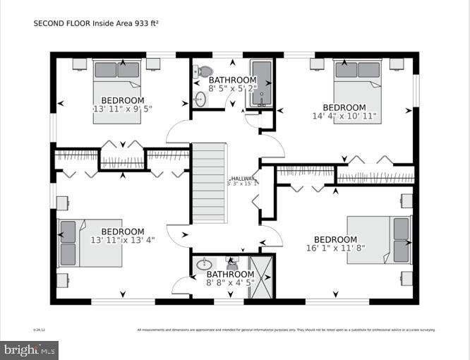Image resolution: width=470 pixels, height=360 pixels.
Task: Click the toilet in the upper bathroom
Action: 204,71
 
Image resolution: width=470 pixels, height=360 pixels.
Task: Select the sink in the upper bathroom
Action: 199,98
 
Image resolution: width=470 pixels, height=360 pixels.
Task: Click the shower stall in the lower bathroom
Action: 262,279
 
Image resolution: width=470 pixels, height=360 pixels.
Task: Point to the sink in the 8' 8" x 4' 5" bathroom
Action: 203,265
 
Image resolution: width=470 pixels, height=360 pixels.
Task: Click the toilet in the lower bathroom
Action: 232,262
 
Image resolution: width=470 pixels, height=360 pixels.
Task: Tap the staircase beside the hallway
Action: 207,182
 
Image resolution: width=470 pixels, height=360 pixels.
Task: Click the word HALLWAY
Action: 243,179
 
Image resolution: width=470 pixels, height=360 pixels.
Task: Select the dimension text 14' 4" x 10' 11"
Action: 344,116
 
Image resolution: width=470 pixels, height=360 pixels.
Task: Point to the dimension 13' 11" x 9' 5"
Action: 122,109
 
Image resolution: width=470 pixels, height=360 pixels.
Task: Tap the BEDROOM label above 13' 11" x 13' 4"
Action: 122,232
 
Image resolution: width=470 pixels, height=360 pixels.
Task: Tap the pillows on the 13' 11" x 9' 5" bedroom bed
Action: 117,69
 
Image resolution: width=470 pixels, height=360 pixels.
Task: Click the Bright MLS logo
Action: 30,349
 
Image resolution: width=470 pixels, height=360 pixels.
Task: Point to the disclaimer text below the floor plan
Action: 286,329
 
